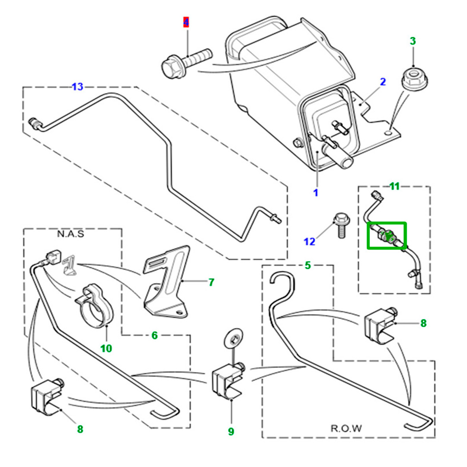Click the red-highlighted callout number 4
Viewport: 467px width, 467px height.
point(186,22)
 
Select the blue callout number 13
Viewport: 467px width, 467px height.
point(77,87)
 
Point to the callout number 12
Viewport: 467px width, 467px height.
point(310,241)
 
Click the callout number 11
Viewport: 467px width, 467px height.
point(394,186)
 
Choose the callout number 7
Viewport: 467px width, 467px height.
point(211,282)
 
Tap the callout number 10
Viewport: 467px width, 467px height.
point(106,348)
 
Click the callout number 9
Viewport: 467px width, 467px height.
point(231,431)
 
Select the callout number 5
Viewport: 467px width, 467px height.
point(307,265)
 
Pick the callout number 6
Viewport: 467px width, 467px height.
point(154,335)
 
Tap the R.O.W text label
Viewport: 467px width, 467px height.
point(346,429)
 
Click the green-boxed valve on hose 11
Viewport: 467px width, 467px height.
point(387,236)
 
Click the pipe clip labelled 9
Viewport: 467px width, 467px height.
point(228,381)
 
